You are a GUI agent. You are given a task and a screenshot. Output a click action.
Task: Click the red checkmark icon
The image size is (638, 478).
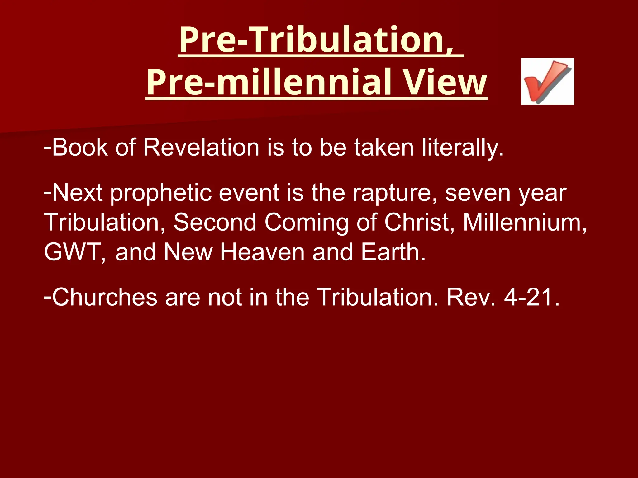coord(547,81)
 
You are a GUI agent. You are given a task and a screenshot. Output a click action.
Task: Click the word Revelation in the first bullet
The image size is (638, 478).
coord(201,147)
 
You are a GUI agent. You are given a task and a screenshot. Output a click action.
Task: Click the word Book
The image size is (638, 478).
coord(80,147)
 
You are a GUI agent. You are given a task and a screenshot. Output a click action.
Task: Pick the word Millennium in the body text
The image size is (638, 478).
coord(525,223)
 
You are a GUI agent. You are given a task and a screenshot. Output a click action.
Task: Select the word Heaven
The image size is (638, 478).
coord(262,252)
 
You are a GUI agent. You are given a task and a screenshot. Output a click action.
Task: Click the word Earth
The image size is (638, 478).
coord(393,252)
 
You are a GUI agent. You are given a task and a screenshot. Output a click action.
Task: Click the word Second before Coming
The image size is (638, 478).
coord(215,223)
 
